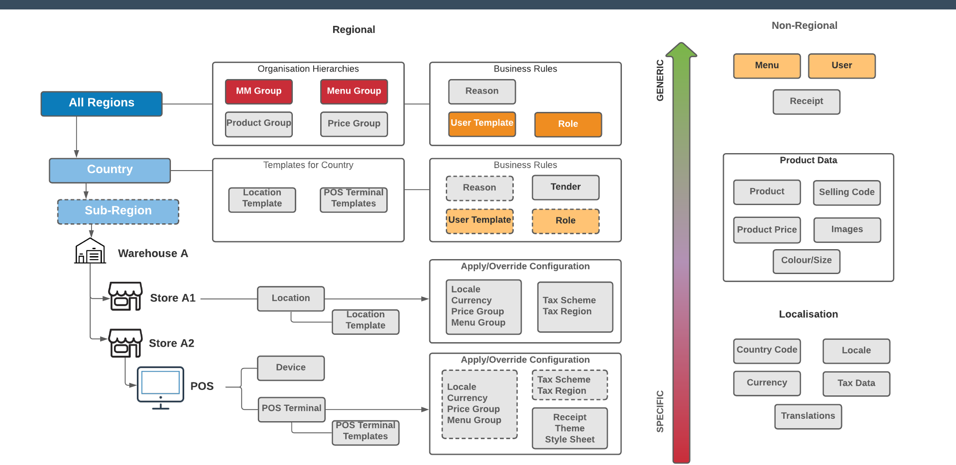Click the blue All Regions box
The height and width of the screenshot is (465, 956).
(102, 103)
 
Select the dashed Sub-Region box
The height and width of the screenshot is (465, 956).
(118, 211)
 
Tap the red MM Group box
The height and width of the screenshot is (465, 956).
(258, 92)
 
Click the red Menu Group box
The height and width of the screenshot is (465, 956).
(354, 92)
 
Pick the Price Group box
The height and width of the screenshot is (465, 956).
(354, 124)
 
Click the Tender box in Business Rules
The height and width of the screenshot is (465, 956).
(565, 187)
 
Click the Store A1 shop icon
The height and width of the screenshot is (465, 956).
(125, 296)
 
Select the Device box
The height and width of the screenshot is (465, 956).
(291, 368)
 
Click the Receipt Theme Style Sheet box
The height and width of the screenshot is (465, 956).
(570, 428)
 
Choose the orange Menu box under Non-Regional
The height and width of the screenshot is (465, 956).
(767, 66)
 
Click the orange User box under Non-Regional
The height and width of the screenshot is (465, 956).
(841, 66)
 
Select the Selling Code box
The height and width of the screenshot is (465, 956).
(846, 192)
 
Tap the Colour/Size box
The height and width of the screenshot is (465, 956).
(806, 261)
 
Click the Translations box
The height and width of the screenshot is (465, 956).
(808, 416)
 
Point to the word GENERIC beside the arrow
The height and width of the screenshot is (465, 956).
(660, 80)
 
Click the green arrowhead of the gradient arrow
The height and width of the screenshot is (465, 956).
(681, 50)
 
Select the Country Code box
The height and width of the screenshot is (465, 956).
(767, 351)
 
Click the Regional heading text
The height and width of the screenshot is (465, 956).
(354, 30)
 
